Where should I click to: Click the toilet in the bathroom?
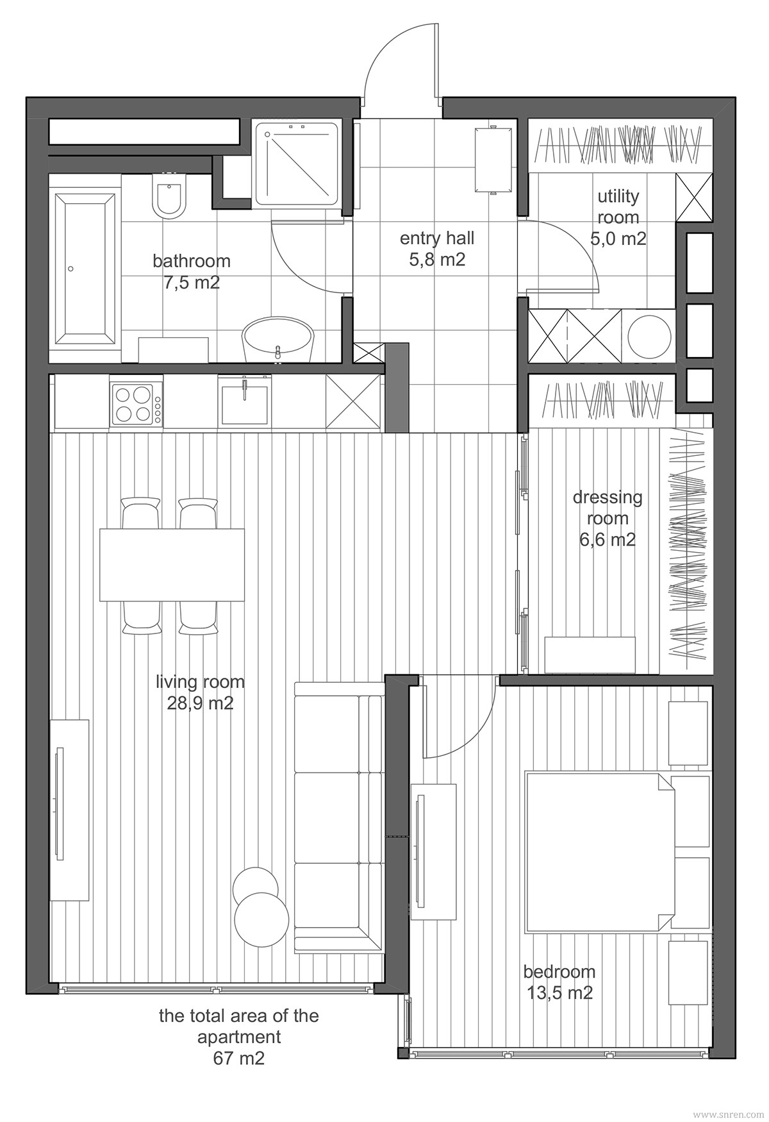(x=168, y=196)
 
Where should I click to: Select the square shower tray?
(x=296, y=163)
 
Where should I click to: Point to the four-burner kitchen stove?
(x=133, y=404)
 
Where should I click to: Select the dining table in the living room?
(x=172, y=564)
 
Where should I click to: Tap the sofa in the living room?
(x=338, y=817)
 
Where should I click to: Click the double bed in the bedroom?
(x=599, y=853)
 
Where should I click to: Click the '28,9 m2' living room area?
(x=201, y=703)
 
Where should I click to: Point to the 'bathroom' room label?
(x=192, y=261)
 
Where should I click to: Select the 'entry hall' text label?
(x=437, y=239)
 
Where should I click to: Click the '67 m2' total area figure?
(x=238, y=1058)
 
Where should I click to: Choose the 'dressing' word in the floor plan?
(x=608, y=498)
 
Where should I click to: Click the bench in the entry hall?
(x=493, y=160)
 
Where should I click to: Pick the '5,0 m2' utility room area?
(x=618, y=239)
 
